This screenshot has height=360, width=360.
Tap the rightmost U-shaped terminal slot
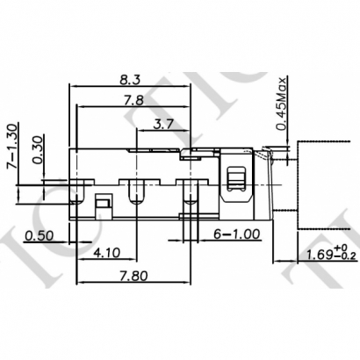pyautogui.click(x=187, y=190)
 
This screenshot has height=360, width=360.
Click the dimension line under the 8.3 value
pyautogui.click(x=163, y=87)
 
